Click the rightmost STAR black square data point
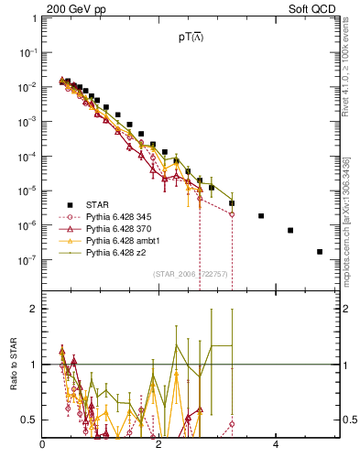coord(320,251)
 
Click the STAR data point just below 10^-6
coord(290,230)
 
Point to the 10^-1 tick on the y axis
coord(33,52)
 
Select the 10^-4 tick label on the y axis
coord(33,156)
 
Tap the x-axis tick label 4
coord(275,446)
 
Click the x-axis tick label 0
coord(43,446)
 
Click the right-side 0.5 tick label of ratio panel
coord(351,420)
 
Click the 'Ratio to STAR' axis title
coord(12,366)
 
